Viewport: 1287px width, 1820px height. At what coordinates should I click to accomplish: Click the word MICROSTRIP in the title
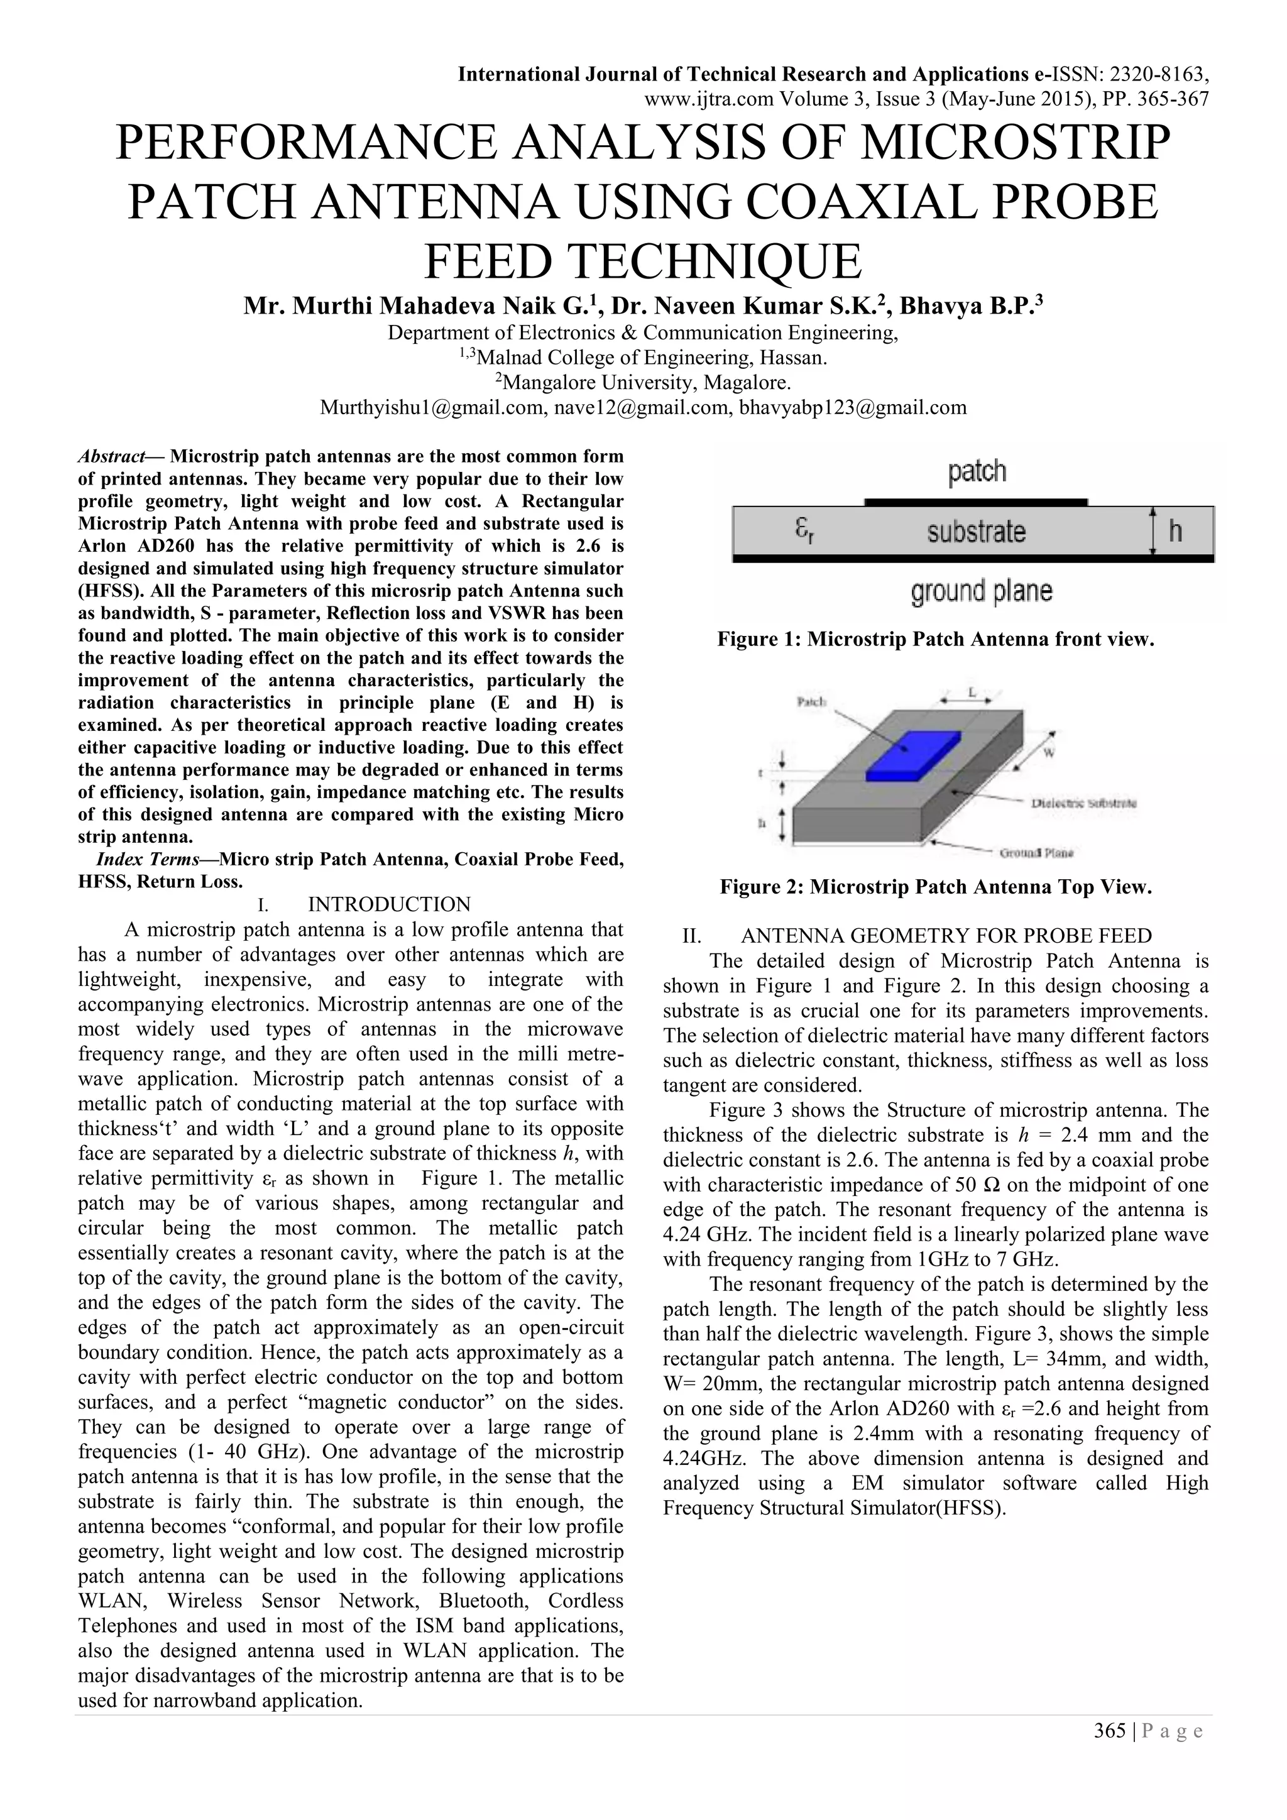tap(1015, 143)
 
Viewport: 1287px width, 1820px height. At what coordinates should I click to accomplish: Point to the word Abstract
tap(111, 457)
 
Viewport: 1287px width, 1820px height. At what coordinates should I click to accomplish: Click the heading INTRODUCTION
tap(389, 904)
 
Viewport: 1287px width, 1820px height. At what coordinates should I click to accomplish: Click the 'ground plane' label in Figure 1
tap(981, 591)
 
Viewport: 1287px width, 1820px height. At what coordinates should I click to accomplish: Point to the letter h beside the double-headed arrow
tap(1175, 530)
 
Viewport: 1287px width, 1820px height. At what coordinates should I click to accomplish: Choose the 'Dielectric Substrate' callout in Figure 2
tap(1083, 803)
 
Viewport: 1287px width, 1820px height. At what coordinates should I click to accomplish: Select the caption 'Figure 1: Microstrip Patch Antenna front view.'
tap(935, 639)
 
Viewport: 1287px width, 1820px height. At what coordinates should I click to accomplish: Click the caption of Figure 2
tap(935, 886)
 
